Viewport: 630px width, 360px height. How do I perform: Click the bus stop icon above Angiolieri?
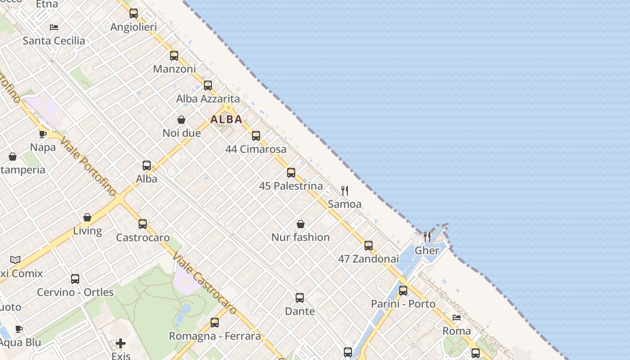click(x=134, y=13)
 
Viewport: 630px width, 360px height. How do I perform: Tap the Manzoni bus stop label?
click(x=174, y=69)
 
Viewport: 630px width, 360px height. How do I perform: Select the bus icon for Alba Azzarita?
click(x=208, y=85)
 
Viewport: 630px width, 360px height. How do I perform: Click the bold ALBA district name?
click(x=226, y=119)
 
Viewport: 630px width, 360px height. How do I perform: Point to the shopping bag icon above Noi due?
click(x=181, y=120)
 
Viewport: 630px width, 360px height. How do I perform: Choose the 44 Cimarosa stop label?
click(x=256, y=149)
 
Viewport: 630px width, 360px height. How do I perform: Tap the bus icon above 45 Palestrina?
click(x=291, y=173)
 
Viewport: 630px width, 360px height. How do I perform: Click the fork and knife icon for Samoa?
click(x=345, y=191)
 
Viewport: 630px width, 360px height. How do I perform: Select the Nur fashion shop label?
click(x=300, y=237)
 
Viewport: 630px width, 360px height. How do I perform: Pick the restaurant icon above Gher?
click(x=427, y=237)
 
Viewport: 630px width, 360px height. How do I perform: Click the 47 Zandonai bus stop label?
click(x=368, y=259)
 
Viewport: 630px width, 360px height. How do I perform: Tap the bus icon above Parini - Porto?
click(x=403, y=291)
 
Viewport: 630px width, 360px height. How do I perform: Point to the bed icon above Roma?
click(x=457, y=318)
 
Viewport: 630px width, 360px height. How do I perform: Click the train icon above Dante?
click(x=300, y=298)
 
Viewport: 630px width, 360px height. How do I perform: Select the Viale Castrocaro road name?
click(x=205, y=283)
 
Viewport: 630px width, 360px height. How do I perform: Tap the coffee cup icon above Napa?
click(x=43, y=134)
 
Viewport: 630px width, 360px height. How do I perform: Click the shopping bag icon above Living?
click(x=87, y=218)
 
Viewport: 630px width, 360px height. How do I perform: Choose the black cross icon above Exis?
click(x=121, y=344)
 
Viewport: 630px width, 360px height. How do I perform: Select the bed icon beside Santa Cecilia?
click(x=54, y=27)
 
